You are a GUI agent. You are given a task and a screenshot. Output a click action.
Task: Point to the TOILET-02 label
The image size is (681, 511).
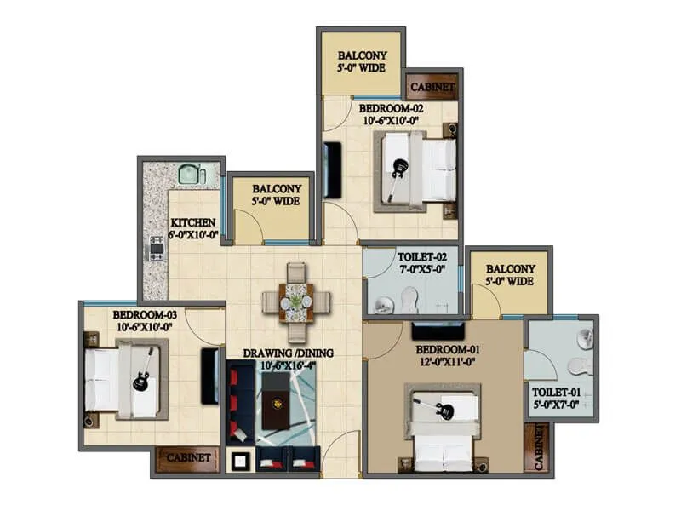[x=420, y=256]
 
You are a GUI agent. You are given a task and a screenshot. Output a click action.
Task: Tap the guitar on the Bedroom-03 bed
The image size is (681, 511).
[x=143, y=371]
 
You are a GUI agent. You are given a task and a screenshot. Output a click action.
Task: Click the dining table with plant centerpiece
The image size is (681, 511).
[x=295, y=301]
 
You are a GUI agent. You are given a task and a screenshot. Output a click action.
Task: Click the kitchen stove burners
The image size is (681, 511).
[x=157, y=249]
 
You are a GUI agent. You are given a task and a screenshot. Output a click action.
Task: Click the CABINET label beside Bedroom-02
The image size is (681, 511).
[x=432, y=87]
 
